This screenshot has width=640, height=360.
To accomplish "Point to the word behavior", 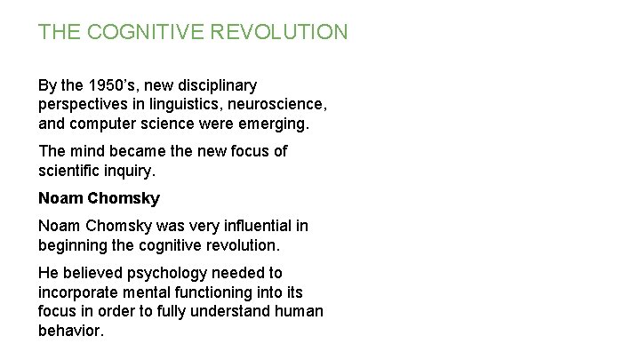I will pyautogui.click(x=70, y=330).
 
